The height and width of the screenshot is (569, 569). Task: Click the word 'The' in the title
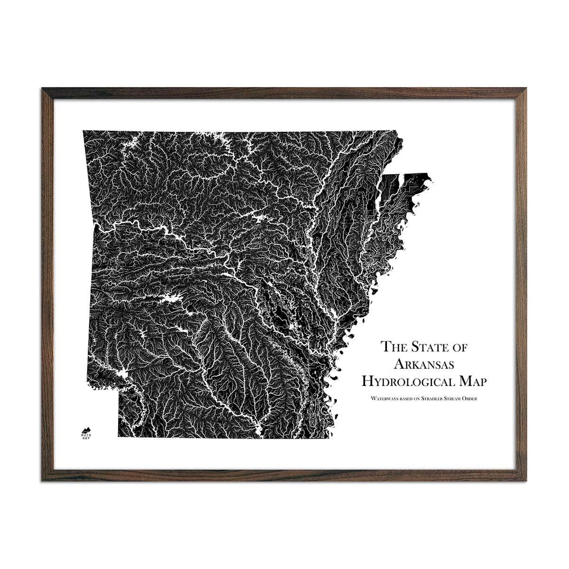[395, 347]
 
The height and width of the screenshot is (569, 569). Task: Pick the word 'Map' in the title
[475, 381]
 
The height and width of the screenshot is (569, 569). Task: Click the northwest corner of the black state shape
[84, 131]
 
